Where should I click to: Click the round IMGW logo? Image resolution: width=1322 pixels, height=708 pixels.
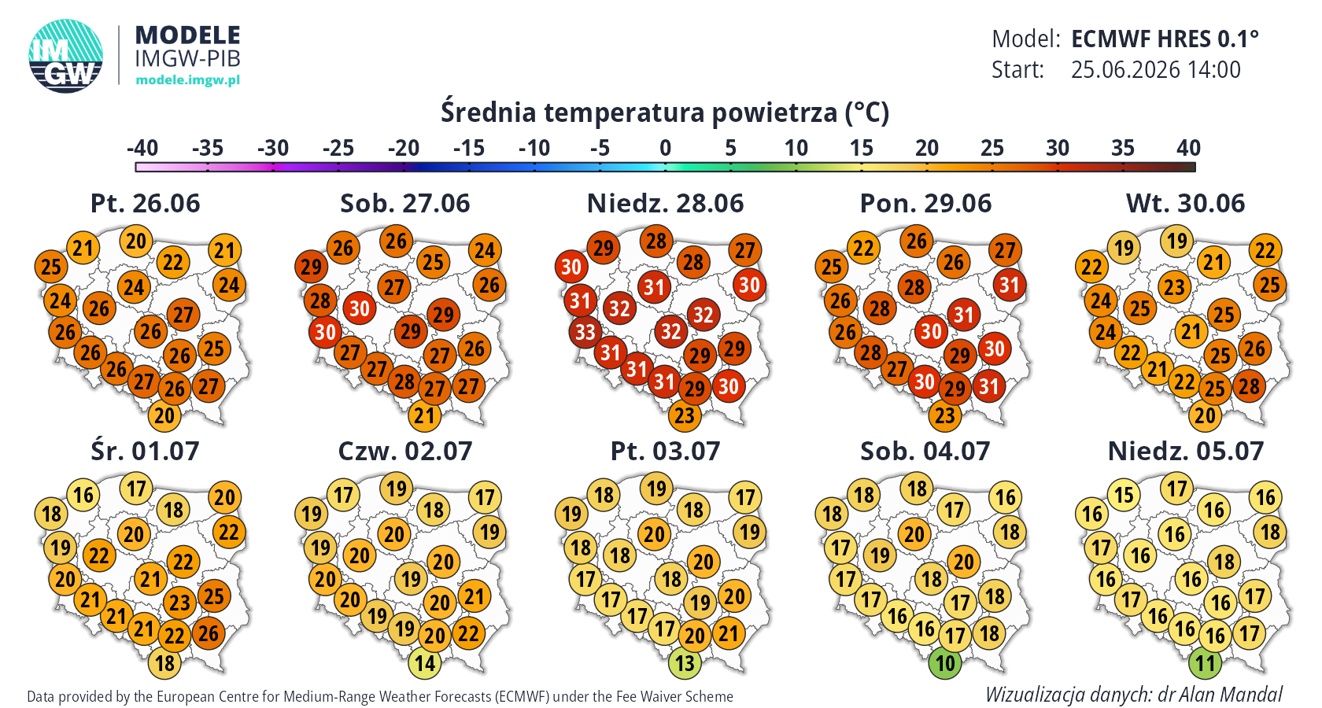pos(65,56)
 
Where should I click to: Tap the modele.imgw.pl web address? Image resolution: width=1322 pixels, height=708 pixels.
pos(187,80)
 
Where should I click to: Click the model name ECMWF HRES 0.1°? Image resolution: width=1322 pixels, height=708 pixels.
pos(1165,39)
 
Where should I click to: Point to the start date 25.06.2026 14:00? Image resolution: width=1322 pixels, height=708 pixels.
pos(1155,69)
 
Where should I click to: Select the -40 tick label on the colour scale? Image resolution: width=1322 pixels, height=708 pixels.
pos(142,148)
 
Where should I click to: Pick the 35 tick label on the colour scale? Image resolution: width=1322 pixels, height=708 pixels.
pos(1122,148)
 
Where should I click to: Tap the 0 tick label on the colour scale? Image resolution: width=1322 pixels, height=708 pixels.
pos(665,148)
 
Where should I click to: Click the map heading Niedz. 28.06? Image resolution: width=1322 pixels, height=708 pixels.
pos(665,204)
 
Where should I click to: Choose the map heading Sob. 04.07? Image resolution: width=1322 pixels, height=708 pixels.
pos(925,452)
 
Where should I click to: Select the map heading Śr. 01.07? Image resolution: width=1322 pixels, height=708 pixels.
pos(145,452)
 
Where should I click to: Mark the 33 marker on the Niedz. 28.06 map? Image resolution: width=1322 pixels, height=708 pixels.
pos(585,332)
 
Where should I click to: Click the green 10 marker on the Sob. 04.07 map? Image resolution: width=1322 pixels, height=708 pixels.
pos(945,663)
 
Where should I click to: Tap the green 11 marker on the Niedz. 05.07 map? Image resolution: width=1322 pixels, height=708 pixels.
pos(1205,663)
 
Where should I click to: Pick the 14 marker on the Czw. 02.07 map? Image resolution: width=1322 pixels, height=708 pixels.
pos(424,663)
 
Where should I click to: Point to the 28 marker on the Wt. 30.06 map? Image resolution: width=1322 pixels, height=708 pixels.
pos(1249,386)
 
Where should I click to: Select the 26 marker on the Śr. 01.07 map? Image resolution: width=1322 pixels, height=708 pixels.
pos(209,634)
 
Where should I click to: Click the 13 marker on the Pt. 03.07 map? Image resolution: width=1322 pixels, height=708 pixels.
pos(685,663)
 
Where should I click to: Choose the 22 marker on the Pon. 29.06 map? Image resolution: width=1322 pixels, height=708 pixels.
pos(862,248)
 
